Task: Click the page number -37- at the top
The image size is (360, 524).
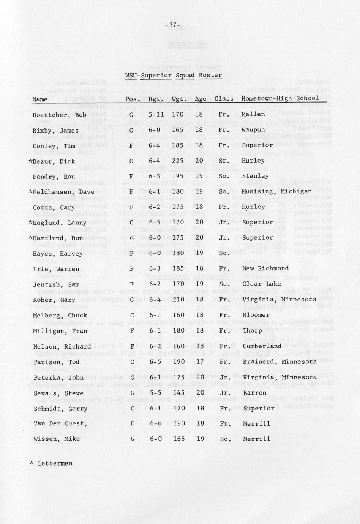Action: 173,25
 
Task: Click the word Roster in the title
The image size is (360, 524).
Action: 210,75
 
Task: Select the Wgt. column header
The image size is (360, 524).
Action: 179,99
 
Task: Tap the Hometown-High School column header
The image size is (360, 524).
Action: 280,98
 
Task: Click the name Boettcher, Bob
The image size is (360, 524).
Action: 59,115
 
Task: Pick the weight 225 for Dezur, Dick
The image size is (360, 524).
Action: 178,161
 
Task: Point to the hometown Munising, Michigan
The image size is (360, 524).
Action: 276,191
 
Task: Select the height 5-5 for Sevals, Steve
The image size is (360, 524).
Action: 154,393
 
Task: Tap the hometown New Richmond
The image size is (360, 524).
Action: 265,268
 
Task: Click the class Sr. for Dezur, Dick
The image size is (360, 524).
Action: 224,161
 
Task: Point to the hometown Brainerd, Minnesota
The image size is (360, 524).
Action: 279,361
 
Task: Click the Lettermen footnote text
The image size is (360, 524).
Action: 55,463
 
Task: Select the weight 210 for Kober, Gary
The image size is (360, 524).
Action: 178,300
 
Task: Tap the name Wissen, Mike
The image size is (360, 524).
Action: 57,439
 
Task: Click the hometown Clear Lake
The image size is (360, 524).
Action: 261,284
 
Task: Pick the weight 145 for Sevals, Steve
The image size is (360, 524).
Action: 178,393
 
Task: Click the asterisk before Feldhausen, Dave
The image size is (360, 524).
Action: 30,192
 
